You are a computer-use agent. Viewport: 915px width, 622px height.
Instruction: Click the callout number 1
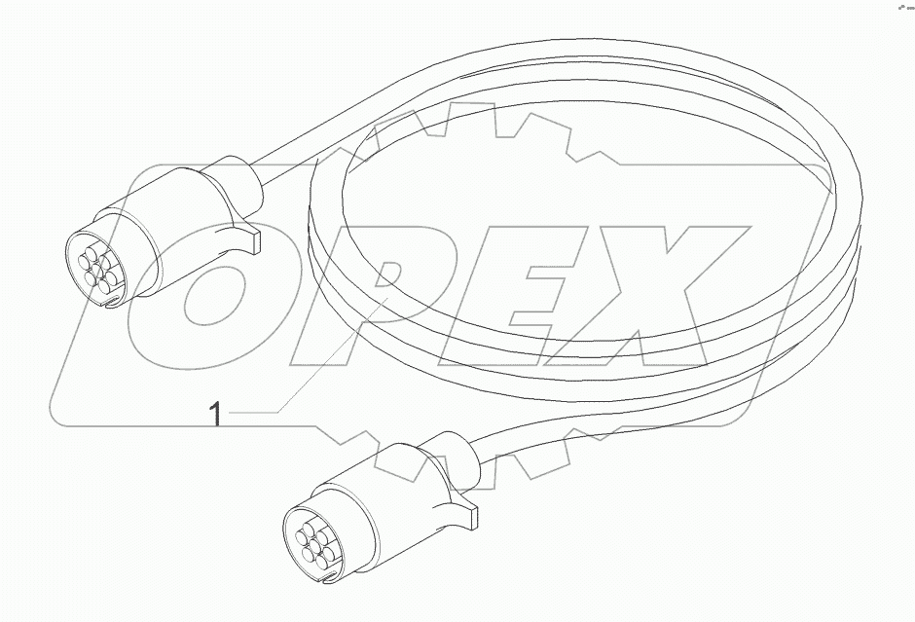[215, 416]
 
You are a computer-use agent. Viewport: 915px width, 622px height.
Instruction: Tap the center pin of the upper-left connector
[97, 265]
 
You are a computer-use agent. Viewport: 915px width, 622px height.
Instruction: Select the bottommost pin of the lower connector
[315, 561]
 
